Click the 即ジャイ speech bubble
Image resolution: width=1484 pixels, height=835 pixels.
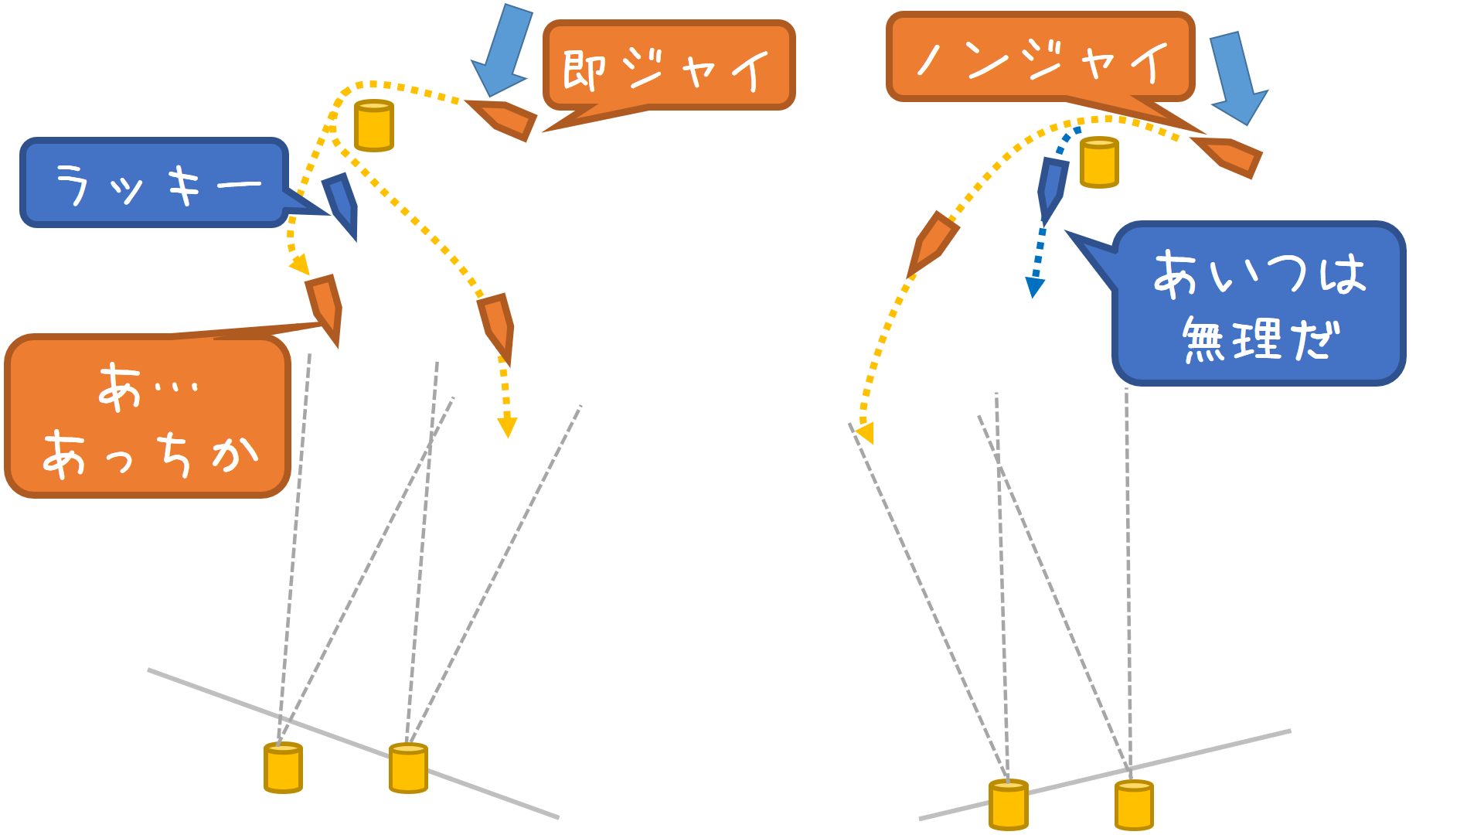coord(669,66)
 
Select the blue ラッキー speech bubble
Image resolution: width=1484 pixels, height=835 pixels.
coord(155,183)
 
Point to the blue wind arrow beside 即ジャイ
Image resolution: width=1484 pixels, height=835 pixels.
coord(503,51)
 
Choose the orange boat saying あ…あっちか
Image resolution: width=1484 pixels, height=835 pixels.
coord(325,307)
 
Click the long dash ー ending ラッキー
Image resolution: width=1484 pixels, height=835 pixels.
coord(239,186)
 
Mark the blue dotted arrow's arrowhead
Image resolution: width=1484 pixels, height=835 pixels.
coord(1034,288)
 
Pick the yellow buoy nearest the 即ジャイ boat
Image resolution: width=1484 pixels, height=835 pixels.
coord(374,125)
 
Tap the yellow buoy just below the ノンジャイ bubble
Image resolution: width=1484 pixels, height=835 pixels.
coord(1099,162)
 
